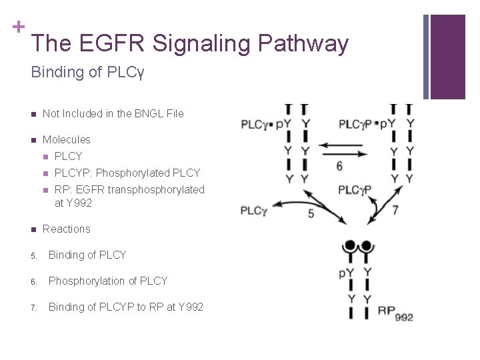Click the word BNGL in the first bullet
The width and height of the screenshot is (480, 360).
[147, 113]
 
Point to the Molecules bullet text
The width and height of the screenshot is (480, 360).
[66, 139]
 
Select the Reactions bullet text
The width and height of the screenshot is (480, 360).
[66, 229]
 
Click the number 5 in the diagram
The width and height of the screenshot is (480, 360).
[311, 213]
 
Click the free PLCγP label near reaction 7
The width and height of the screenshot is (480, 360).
[354, 190]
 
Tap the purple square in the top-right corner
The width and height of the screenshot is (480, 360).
[447, 56]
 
